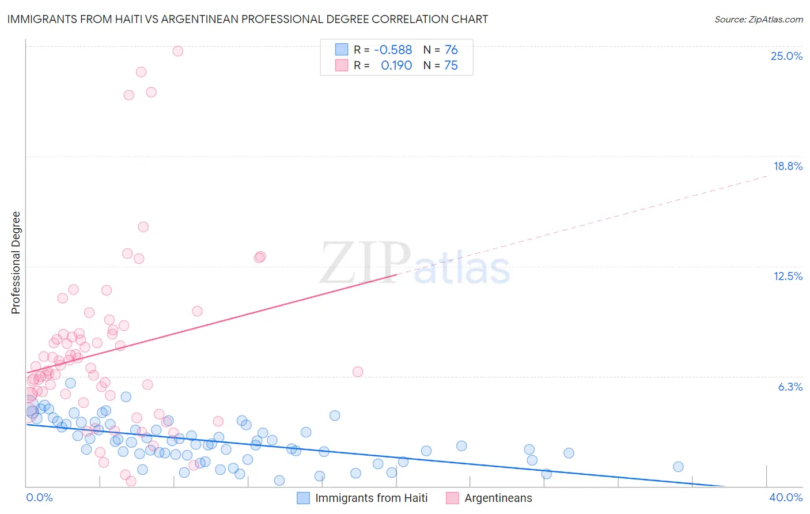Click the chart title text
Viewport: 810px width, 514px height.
point(248,20)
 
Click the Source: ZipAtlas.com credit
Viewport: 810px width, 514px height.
point(758,20)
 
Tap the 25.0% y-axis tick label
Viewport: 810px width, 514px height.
point(786,56)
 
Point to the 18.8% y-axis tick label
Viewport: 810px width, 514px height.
point(788,166)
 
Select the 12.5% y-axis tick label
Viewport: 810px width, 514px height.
point(788,276)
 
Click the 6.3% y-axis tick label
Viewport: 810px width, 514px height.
point(790,387)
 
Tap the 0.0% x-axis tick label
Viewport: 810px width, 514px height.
point(39,497)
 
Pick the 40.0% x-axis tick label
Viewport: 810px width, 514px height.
point(786,497)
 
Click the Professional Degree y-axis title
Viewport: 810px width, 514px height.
point(16,263)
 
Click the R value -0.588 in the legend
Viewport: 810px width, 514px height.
point(393,50)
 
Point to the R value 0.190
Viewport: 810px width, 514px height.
point(396,66)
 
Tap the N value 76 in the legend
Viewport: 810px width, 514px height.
point(451,50)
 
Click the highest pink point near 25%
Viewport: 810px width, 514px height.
point(178,51)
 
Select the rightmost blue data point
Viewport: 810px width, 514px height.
point(678,467)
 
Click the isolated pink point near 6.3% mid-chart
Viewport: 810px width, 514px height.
point(358,372)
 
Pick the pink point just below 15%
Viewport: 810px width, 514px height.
point(143,227)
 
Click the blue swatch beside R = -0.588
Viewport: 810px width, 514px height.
point(342,50)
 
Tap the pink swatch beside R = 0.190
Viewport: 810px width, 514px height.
point(342,66)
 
